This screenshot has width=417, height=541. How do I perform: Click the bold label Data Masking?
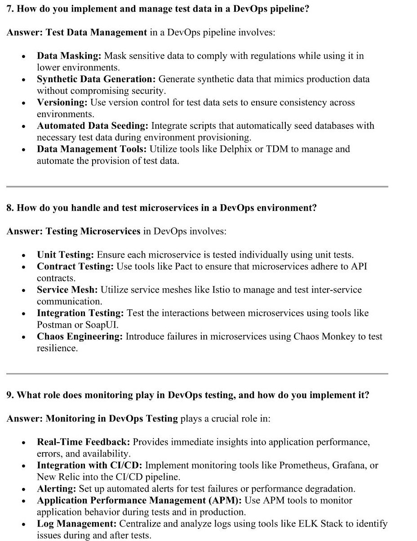click(69, 56)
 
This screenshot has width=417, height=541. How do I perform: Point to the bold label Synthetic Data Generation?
click(96, 79)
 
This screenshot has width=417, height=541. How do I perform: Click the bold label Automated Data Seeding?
click(93, 126)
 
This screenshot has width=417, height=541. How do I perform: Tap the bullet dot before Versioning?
click(23, 103)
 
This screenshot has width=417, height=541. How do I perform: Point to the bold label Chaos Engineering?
click(80, 337)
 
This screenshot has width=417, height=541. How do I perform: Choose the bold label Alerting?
click(57, 489)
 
